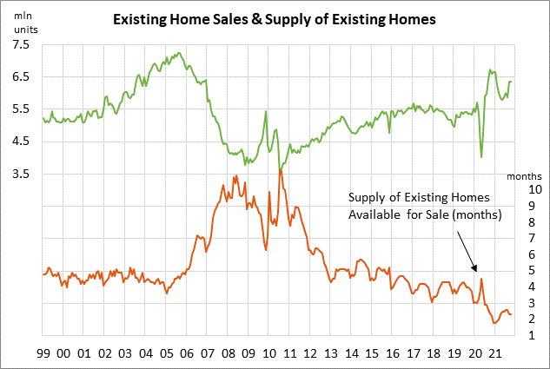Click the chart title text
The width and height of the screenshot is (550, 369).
pyautogui.click(x=275, y=17)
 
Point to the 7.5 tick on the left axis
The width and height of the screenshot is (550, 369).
pyautogui.click(x=20, y=43)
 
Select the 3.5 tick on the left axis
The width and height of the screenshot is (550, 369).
pyautogui.click(x=20, y=174)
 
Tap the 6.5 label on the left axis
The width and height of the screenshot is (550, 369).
pyautogui.click(x=20, y=76)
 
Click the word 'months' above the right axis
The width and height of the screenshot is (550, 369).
pyautogui.click(x=523, y=177)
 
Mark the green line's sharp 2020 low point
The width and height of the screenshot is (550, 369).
pyautogui.click(x=481, y=158)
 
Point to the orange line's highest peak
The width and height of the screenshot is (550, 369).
pyautogui.click(x=280, y=169)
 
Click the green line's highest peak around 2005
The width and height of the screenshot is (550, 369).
pyautogui.click(x=178, y=53)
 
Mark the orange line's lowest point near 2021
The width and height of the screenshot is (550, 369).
pyautogui.click(x=494, y=323)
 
